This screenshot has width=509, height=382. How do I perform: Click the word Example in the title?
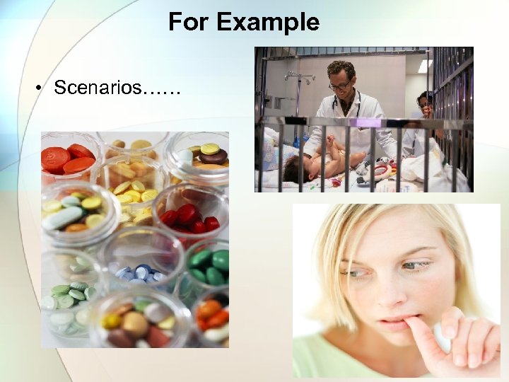(268, 23)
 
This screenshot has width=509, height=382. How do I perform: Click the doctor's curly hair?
(341, 69)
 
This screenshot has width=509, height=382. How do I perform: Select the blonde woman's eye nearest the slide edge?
(416, 265)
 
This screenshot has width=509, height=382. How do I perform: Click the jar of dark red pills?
(187, 216)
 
